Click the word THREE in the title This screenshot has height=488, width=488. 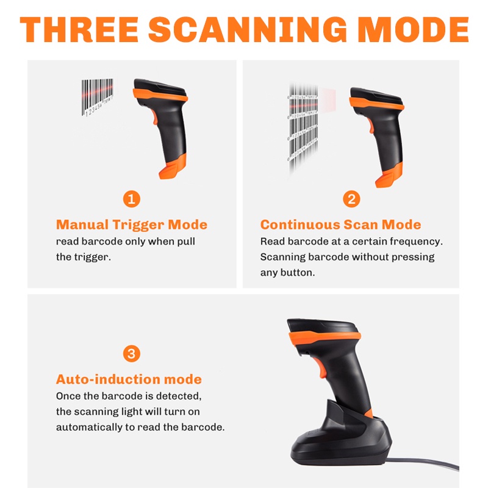tap(78, 30)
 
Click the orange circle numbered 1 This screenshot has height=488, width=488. tap(131, 198)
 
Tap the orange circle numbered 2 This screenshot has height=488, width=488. tap(351, 198)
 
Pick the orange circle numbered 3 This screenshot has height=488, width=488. tap(131, 353)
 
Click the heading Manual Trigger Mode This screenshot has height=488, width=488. tap(132, 224)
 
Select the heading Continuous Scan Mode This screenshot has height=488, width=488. tap(340, 224)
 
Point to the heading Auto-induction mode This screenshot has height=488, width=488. tap(129, 379)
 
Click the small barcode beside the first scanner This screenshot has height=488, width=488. tap(98, 96)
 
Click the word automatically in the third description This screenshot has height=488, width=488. tap(89, 427)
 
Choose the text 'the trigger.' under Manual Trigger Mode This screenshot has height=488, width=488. tap(83, 257)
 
